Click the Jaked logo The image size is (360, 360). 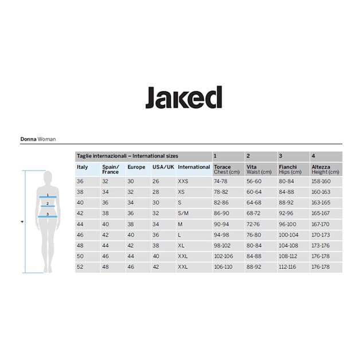(183, 97)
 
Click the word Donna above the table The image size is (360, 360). (28, 139)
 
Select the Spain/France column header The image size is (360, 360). (111, 170)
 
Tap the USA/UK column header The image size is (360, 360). (163, 167)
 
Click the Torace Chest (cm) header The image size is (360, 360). (226, 170)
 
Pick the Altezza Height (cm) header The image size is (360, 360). (325, 170)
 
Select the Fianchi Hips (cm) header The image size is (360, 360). (290, 170)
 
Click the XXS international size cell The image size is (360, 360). (183, 181)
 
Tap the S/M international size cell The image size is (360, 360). (183, 213)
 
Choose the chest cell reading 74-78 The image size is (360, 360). (221, 181)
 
